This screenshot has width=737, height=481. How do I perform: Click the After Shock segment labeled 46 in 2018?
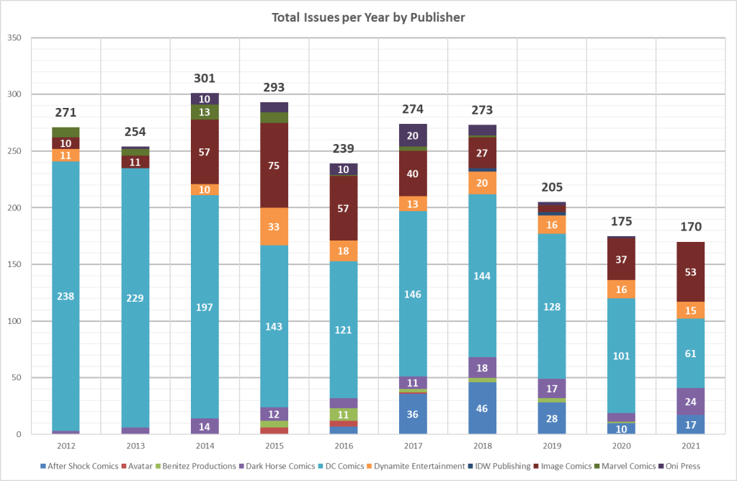pyautogui.click(x=483, y=408)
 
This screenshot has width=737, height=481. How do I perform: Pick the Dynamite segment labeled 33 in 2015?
pyautogui.click(x=274, y=226)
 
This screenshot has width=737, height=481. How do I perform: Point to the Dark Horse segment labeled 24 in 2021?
pyautogui.click(x=691, y=401)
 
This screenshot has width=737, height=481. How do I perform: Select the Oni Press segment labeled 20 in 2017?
pyautogui.click(x=413, y=135)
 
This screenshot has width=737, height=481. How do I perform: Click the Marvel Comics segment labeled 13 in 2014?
pyautogui.click(x=205, y=112)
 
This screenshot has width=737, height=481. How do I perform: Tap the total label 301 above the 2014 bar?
pyautogui.click(x=205, y=78)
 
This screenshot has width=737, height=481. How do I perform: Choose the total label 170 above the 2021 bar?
pyautogui.click(x=691, y=227)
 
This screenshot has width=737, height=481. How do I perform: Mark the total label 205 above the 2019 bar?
pyautogui.click(x=552, y=187)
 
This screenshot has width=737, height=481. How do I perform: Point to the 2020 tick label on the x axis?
pyautogui.click(x=621, y=446)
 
